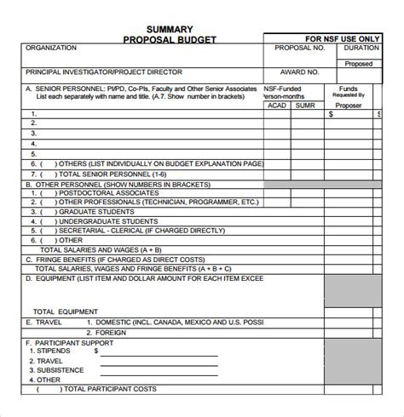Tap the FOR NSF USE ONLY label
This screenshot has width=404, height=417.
coord(344,39)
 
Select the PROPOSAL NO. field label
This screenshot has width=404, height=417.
coord(300,49)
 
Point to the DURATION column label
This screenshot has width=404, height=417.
coord(362,49)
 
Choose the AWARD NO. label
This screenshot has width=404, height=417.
coord(300,74)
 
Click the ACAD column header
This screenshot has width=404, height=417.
coord(278,105)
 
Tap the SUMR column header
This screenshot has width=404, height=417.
coord(307,105)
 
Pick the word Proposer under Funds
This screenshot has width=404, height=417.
coord(348,105)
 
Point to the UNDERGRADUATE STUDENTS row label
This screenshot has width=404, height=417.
coord(108,219)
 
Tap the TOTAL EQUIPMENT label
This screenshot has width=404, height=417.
coord(66,311)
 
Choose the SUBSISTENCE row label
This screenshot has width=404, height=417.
coord(60,369)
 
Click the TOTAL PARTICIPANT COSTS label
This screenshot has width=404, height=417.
coord(109,389)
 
